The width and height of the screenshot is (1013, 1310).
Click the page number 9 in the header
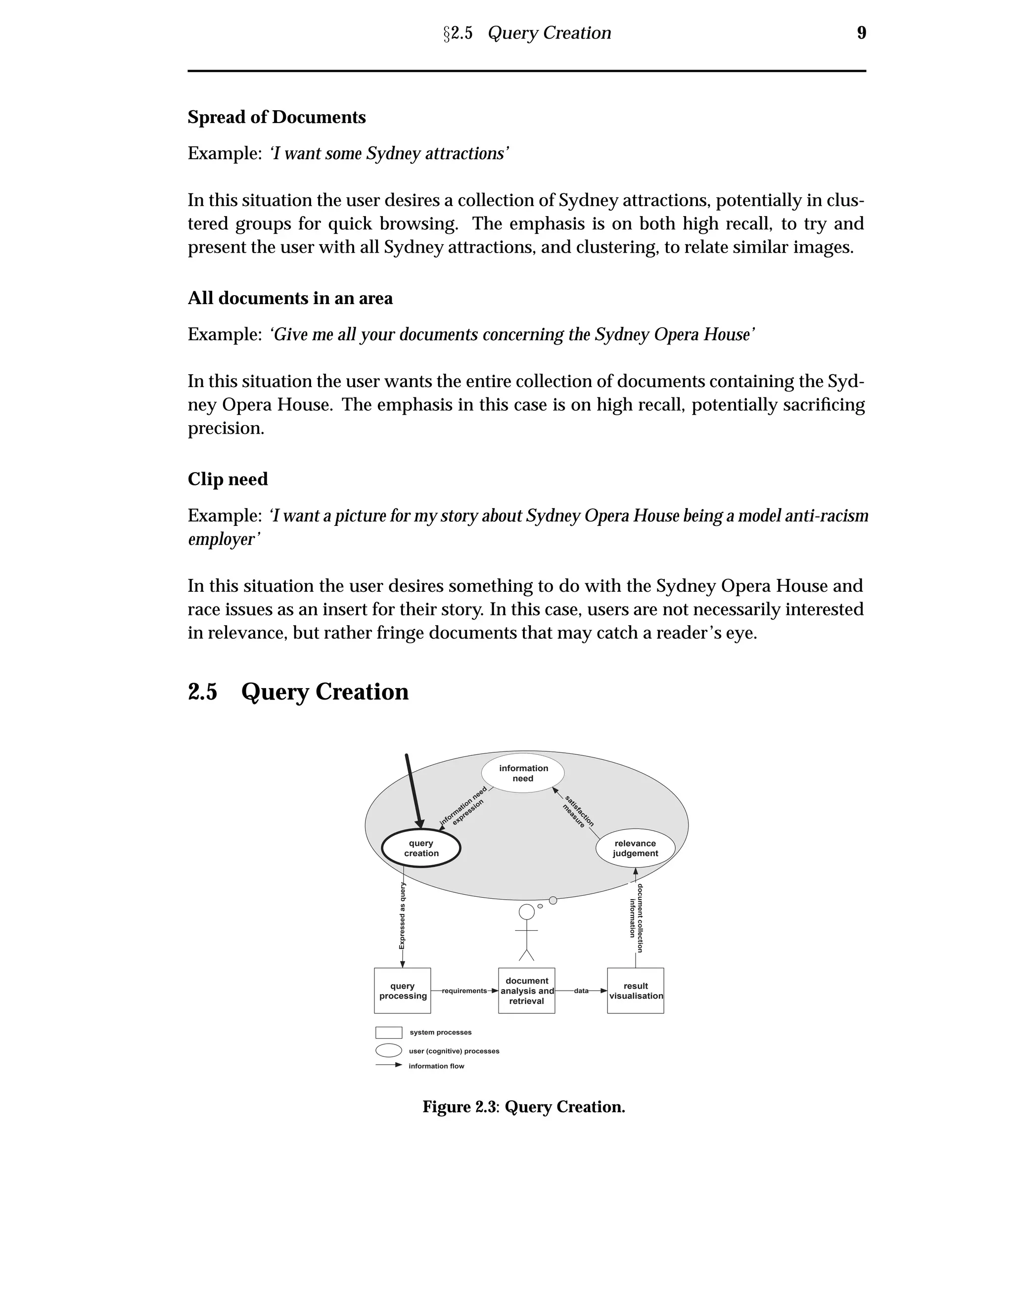861,33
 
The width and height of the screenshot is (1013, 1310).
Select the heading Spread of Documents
276,117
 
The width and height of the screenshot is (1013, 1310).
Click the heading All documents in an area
290,298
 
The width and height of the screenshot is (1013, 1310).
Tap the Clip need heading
228,479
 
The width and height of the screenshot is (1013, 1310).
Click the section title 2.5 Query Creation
298,692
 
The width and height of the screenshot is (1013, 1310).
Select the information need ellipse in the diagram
523,773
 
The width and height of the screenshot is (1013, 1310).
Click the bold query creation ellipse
421,849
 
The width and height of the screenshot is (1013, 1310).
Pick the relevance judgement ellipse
635,849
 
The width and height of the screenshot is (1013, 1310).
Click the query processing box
403,991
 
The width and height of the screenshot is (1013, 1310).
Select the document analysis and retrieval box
526,991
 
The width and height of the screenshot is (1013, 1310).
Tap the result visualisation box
636,991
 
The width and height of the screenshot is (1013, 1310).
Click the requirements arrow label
464,991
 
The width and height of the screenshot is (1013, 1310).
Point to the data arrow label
581,991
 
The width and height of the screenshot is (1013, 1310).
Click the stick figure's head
526,912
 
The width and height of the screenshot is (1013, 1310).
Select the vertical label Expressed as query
402,916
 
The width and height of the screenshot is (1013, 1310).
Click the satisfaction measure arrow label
577,811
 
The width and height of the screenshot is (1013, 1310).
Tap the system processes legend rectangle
388,1032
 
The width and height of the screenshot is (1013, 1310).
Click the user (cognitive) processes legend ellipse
388,1050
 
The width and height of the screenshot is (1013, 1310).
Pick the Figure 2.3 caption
523,1107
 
